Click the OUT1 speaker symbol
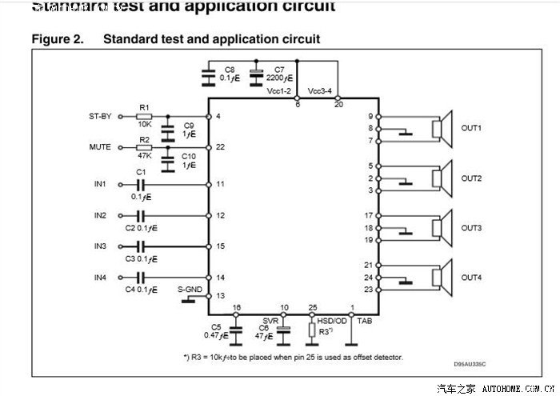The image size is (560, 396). pos(438,128)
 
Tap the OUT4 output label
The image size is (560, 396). pos(471,278)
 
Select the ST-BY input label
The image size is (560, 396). pos(100,116)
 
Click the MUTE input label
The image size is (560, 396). pos(100,147)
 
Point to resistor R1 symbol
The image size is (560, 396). pos(145,116)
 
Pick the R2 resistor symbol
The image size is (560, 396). pos(145,147)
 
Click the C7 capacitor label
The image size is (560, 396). pos(279,70)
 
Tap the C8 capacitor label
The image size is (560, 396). pos(230,70)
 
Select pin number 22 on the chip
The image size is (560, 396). pos(220,147)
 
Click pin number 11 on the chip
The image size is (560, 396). pos(220,185)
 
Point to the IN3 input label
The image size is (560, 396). pos(100,246)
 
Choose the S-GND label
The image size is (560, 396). pos(189,286)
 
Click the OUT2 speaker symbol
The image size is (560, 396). pos(438,178)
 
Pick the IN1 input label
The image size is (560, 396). pos(100,185)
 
